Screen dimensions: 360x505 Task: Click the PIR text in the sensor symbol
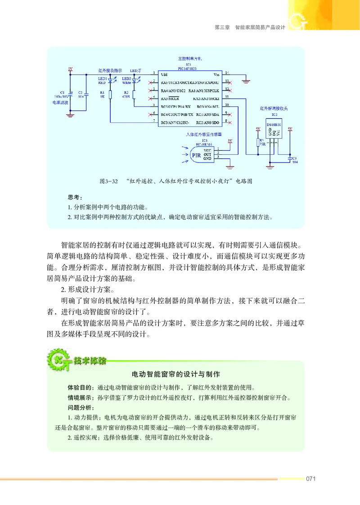tap(196, 156)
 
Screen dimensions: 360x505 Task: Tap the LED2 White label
tap(127, 81)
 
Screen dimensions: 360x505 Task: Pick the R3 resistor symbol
tap(258, 143)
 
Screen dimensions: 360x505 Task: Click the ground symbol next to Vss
tap(246, 81)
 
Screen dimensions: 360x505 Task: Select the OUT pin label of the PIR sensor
tap(207, 154)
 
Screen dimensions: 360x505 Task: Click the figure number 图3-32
tap(108, 181)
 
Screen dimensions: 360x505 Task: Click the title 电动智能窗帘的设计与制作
tap(175, 374)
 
